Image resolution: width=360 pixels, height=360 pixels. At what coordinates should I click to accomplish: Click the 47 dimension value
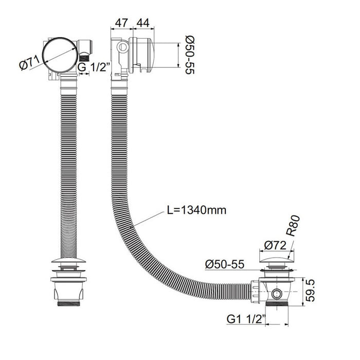(121, 23)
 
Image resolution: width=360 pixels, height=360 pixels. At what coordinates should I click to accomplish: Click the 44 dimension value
(143, 23)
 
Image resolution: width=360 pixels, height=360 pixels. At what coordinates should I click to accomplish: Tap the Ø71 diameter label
(30, 63)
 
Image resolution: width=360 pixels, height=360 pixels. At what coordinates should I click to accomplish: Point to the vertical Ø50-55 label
(190, 55)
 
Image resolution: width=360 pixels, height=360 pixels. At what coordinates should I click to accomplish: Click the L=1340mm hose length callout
(196, 210)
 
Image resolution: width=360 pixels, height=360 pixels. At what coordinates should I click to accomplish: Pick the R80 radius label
(293, 226)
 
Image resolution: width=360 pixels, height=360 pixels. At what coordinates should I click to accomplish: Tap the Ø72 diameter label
(275, 245)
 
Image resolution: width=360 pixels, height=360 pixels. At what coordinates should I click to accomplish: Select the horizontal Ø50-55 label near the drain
(225, 264)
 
